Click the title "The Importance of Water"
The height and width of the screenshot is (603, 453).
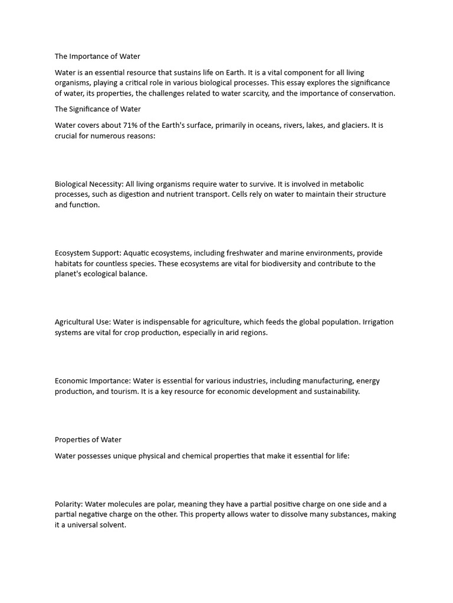(97, 57)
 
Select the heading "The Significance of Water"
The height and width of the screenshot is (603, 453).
(98, 109)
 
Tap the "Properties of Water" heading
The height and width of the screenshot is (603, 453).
(88, 439)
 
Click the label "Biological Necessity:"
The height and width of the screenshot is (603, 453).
(89, 184)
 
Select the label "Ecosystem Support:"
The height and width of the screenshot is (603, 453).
(87, 253)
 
